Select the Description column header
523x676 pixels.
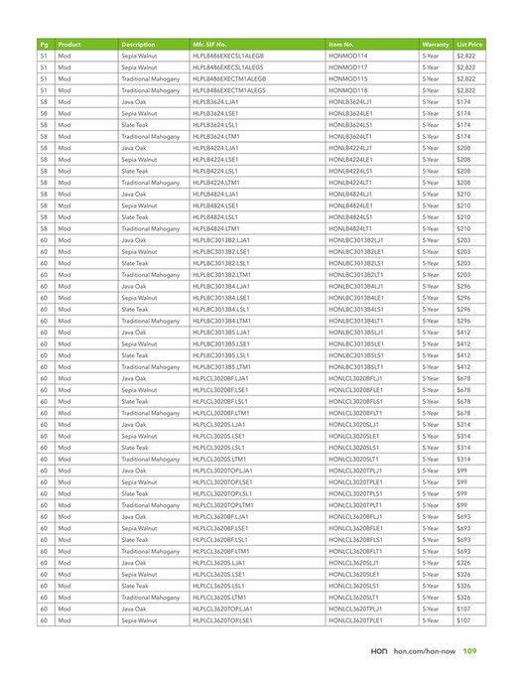(x=139, y=45)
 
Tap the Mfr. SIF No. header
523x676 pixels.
(x=214, y=45)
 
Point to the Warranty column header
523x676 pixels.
(x=436, y=45)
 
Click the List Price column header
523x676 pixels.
(x=469, y=45)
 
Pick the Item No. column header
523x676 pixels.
(x=341, y=45)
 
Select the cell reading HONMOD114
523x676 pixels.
(x=346, y=57)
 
